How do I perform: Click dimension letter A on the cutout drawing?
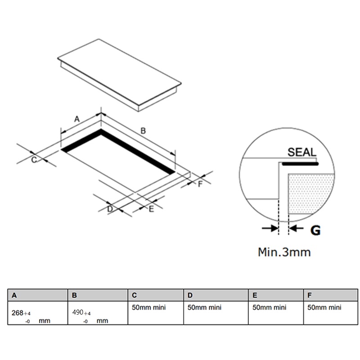[x=77, y=119]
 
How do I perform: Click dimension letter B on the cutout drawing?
[x=143, y=131]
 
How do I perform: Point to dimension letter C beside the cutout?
[x=34, y=160]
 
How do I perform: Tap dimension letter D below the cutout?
[x=110, y=209]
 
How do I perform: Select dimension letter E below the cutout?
[x=151, y=209]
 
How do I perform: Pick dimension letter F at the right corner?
[x=200, y=184]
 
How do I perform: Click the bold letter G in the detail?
[x=315, y=230]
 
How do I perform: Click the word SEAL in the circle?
[x=302, y=152]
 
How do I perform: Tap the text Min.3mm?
[x=284, y=252]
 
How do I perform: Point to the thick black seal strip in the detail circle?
[x=300, y=164]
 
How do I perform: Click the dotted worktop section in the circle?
[x=310, y=193]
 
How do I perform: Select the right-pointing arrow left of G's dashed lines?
[x=270, y=228]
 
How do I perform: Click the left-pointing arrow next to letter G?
[x=296, y=228]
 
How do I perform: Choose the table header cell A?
[x=38, y=295]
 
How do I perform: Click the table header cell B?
[x=98, y=295]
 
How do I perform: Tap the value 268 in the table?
[x=18, y=313]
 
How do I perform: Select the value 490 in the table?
[x=78, y=312]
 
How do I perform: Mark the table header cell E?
[x=276, y=295]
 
